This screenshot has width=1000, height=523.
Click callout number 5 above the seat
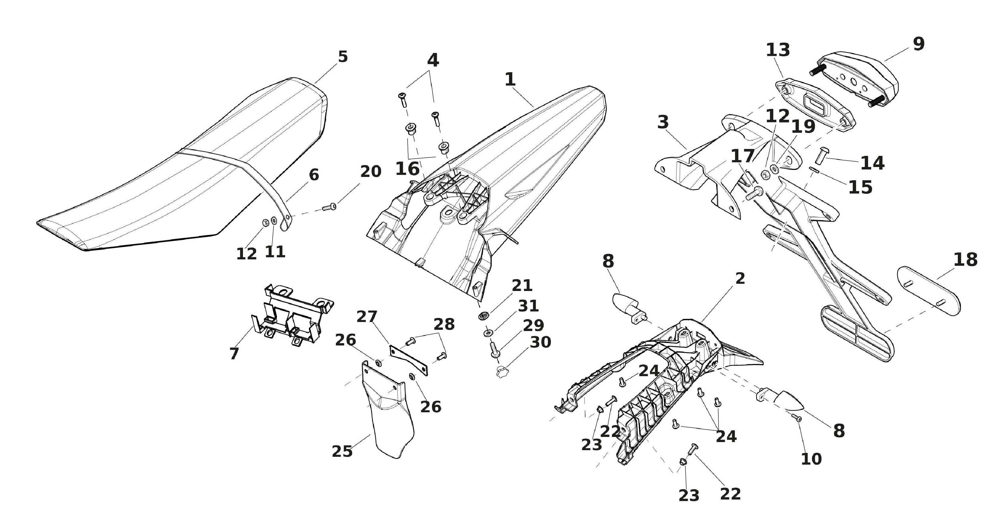342,57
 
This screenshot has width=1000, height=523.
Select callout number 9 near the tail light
918,44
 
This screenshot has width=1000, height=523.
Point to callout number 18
965,260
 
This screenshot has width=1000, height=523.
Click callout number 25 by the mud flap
342,451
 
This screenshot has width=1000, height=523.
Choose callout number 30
540,342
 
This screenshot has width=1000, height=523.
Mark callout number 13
778,50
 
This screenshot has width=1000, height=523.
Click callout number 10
811,459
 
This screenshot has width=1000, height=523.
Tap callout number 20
371,172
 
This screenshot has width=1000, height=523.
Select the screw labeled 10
797,418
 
